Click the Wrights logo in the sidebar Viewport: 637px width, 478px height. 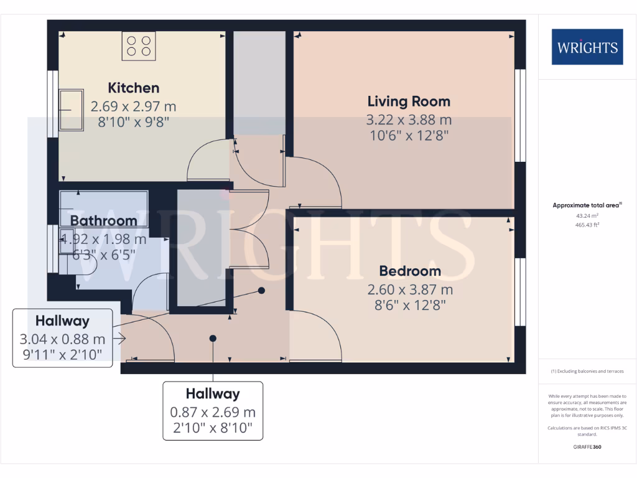click(x=587, y=47)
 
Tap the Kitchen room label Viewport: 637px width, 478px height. click(x=134, y=88)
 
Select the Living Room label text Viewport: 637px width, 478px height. click(x=409, y=101)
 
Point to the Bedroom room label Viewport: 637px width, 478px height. click(x=410, y=271)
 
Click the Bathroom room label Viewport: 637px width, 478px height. click(x=103, y=220)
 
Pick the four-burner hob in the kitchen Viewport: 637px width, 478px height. click(x=139, y=46)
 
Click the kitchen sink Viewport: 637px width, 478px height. click(x=72, y=110)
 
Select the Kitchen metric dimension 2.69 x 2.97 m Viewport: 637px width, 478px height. click(x=133, y=105)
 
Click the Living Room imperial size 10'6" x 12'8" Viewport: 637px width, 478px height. click(x=409, y=134)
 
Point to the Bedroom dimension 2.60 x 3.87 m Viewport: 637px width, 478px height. click(x=410, y=289)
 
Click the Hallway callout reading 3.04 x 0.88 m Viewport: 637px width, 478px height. click(x=62, y=339)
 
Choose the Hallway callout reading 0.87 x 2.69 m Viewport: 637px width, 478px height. click(x=213, y=412)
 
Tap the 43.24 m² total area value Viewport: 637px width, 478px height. click(x=587, y=216)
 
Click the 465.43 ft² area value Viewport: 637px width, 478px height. click(x=587, y=225)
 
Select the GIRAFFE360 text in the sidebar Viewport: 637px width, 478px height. click(x=587, y=447)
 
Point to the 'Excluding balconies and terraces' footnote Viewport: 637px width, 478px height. click(x=587, y=372)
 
